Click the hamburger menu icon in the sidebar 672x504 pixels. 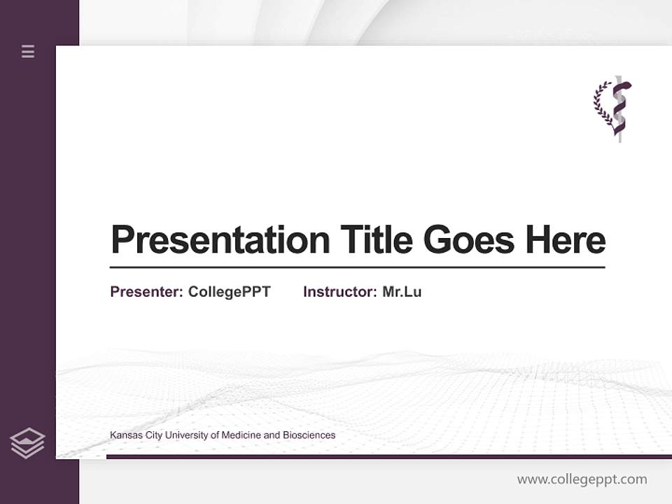(x=28, y=51)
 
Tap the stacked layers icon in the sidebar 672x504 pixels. (x=27, y=443)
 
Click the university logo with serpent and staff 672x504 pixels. (x=613, y=108)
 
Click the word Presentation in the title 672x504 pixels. (x=220, y=240)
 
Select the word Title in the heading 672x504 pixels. (x=376, y=240)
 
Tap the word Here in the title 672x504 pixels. (x=566, y=240)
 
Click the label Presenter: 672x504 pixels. (x=146, y=292)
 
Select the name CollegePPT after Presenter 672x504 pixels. (x=229, y=292)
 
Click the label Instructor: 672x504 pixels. (x=339, y=292)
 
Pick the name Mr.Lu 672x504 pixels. (x=402, y=292)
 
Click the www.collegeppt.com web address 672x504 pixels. (x=582, y=479)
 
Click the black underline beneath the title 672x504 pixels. (x=357, y=267)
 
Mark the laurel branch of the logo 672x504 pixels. (x=601, y=105)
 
